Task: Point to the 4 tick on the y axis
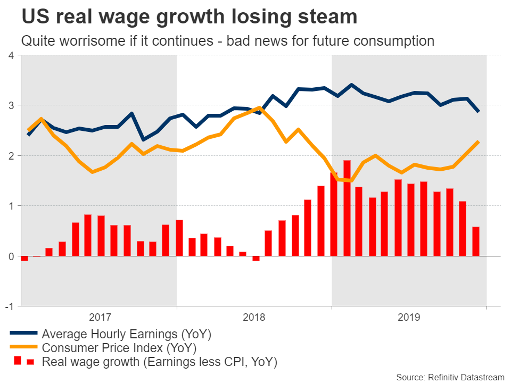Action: pyautogui.click(x=11, y=55)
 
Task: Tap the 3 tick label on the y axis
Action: pyautogui.click(x=11, y=105)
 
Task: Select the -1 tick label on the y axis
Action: pyautogui.click(x=9, y=306)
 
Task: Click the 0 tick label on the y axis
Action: pyautogui.click(x=11, y=256)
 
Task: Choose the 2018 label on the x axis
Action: pyautogui.click(x=254, y=318)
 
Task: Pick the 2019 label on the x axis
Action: pyautogui.click(x=409, y=318)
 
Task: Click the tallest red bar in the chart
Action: pyautogui.click(x=347, y=208)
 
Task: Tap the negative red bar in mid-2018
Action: pyautogui.click(x=256, y=259)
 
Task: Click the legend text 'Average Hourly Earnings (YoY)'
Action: pyautogui.click(x=127, y=335)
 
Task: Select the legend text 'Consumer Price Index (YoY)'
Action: pyautogui.click(x=119, y=348)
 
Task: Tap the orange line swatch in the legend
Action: pyautogui.click(x=23, y=348)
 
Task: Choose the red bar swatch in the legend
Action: pyautogui.click(x=23, y=362)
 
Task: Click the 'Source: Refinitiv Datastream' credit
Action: pyautogui.click(x=450, y=377)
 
